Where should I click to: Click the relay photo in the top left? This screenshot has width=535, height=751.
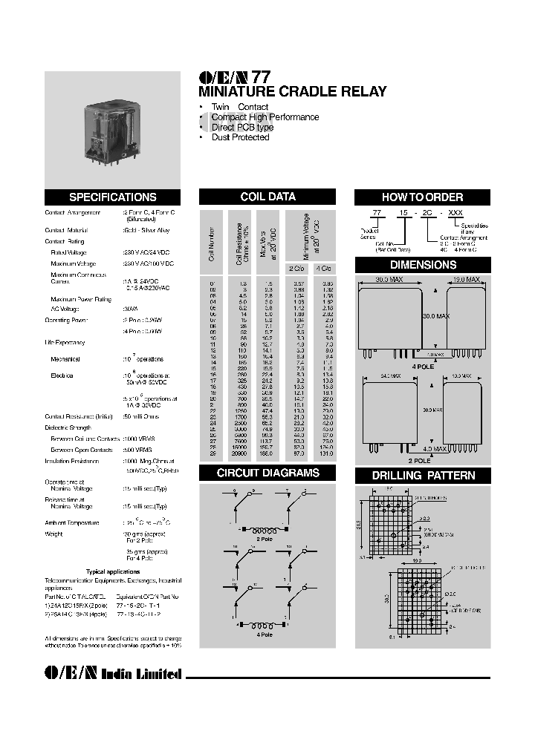coord(112,128)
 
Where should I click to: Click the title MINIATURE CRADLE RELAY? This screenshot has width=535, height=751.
coord(292,92)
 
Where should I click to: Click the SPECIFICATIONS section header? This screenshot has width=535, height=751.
coord(112,197)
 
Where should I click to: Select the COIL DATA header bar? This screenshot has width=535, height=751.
coord(267,197)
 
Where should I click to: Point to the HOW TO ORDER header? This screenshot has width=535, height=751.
coord(421,197)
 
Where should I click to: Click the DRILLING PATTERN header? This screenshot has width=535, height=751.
coord(421,475)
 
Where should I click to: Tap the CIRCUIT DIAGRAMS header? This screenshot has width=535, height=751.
coord(267,473)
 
